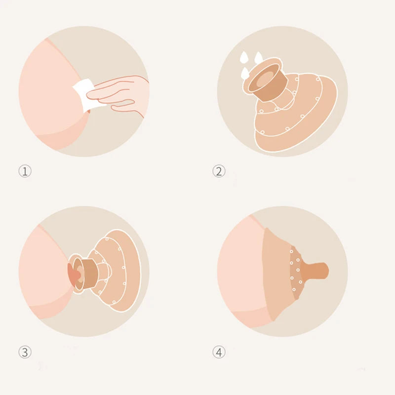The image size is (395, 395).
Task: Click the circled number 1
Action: click(25, 171)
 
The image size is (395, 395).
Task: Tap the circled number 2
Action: click(219, 171)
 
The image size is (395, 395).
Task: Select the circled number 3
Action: click(25, 352)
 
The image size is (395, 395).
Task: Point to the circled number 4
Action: click(219, 352)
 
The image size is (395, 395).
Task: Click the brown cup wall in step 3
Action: click(88, 274)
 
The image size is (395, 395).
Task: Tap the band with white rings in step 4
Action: click(296, 272)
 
